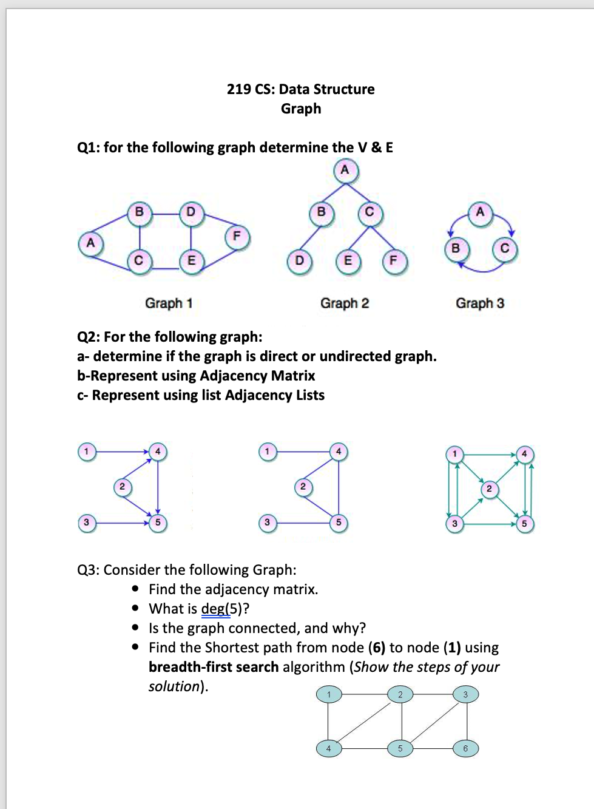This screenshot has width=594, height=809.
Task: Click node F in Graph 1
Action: tap(237, 236)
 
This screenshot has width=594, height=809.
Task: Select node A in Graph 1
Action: tap(90, 243)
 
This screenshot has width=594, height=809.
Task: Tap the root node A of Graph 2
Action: tap(345, 170)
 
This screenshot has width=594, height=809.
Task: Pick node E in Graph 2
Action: tap(348, 261)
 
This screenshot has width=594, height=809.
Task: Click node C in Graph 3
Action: tap(504, 249)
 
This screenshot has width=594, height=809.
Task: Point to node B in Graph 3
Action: tap(456, 248)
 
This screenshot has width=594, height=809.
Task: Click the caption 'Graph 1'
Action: tap(169, 303)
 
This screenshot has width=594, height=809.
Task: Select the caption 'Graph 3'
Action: tap(480, 303)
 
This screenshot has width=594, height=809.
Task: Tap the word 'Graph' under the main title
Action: tap(301, 109)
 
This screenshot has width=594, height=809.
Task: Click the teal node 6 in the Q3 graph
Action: tap(466, 748)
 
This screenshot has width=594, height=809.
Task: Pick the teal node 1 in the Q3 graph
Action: tap(329, 694)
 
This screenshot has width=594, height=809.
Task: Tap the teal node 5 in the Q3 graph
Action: tap(400, 748)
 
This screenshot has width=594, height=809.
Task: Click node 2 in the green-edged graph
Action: tap(489, 489)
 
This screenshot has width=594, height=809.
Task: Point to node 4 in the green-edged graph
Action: tap(524, 454)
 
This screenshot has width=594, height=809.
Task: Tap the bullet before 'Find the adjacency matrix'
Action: tap(135, 589)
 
